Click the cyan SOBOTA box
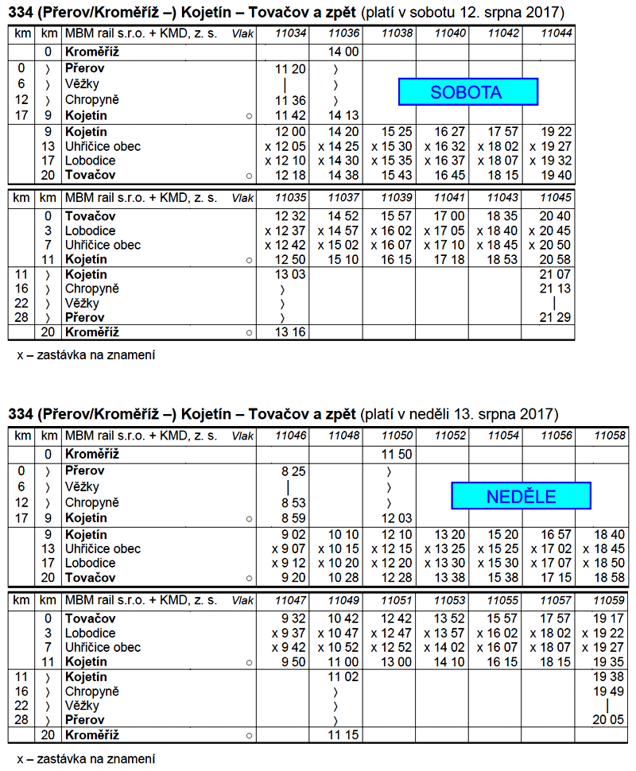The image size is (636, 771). coord(467,92)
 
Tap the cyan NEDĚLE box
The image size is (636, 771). coord(521,497)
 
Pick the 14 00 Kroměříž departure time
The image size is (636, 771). coord(343,52)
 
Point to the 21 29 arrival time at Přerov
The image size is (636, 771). coord(555,318)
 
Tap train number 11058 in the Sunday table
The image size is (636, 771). coord(608,436)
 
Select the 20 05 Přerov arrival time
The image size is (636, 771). coord(608,720)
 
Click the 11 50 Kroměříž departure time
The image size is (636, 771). coord(397,454)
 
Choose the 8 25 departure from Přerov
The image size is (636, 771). coord(291,471)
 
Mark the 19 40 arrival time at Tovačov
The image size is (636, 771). coord(555,175)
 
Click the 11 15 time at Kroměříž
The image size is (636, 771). coord(343,735)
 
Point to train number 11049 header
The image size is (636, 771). coord(343,601)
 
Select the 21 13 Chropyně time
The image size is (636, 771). coord(555,289)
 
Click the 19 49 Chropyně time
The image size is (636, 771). coord(608,692)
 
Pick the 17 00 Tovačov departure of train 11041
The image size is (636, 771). coord(450,215)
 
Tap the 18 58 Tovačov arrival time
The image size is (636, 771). coord(608,577)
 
